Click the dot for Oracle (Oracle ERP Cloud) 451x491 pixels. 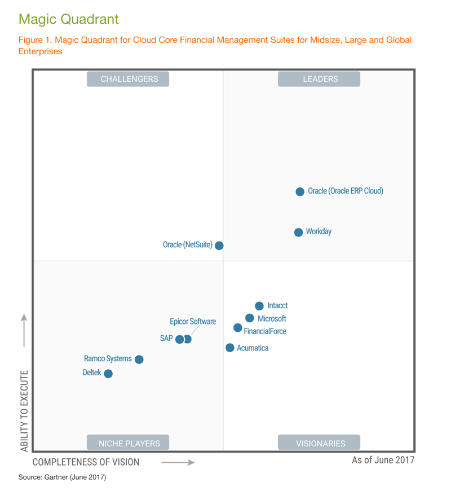click(300, 192)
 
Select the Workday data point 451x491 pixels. click(299, 233)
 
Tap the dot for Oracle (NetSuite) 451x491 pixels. click(219, 246)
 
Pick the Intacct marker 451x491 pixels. click(259, 306)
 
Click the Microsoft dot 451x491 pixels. click(250, 318)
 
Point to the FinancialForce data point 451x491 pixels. click(238, 328)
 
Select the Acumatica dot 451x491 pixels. click(230, 348)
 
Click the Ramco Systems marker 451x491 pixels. click(139, 360)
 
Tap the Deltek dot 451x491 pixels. click(108, 374)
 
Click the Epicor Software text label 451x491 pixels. click(193, 322)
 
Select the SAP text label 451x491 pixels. click(166, 339)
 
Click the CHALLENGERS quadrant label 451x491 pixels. click(129, 79)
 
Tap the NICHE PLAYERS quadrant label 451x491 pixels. click(129, 443)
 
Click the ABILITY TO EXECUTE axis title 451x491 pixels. click(24, 410)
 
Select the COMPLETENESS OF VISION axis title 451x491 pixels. click(86, 462)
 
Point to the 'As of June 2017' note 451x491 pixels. click(383, 460)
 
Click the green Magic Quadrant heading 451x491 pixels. click(69, 19)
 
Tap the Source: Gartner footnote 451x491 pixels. click(62, 477)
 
